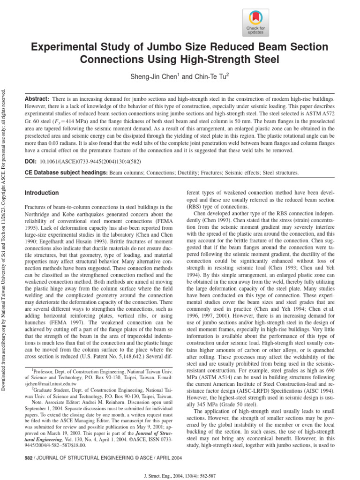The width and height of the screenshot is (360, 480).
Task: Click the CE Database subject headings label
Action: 66,173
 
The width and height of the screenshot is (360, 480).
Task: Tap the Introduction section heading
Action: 42,193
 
